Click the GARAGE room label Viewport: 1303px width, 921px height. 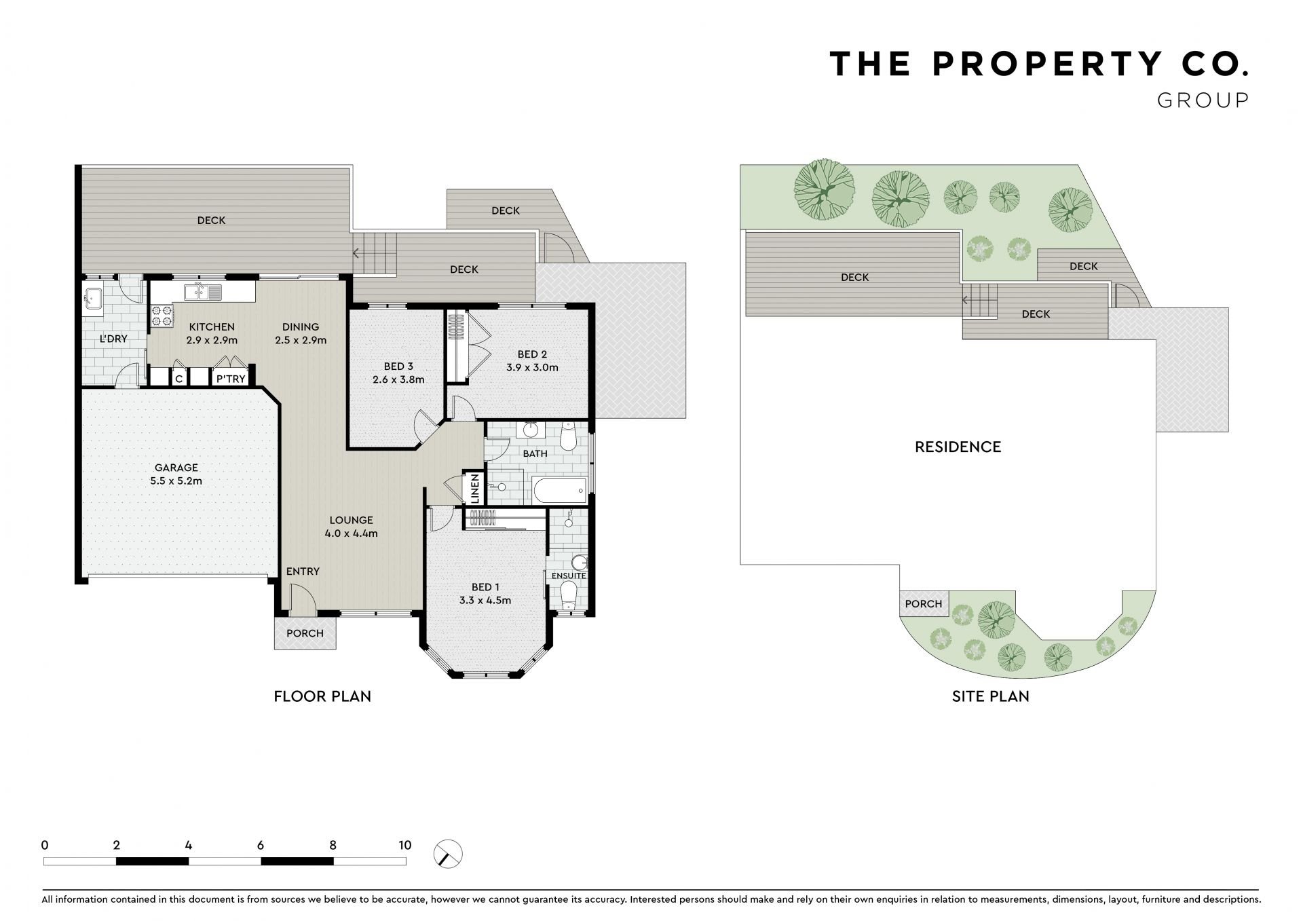click(176, 468)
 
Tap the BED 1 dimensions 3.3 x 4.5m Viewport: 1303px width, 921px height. click(485, 601)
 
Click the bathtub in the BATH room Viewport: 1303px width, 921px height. click(560, 490)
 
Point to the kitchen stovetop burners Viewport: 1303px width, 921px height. click(162, 316)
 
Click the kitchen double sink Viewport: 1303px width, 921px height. click(203, 293)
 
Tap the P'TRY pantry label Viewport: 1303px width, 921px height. click(230, 379)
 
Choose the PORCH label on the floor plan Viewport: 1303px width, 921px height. click(305, 633)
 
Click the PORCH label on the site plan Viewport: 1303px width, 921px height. click(924, 604)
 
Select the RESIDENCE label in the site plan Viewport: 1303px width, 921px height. click(958, 447)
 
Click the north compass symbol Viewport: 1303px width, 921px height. click(448, 854)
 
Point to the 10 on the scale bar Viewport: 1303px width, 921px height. click(404, 846)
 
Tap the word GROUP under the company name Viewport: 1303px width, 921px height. click(1203, 100)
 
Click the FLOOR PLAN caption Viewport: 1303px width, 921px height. click(322, 696)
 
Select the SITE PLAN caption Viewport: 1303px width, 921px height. click(990, 696)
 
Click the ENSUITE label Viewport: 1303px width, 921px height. click(569, 576)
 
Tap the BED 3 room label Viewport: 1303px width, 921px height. click(398, 366)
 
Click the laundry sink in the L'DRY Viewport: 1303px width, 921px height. click(92, 299)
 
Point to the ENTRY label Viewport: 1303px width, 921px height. click(303, 571)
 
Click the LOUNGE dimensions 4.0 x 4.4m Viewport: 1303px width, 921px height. click(351, 533)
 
